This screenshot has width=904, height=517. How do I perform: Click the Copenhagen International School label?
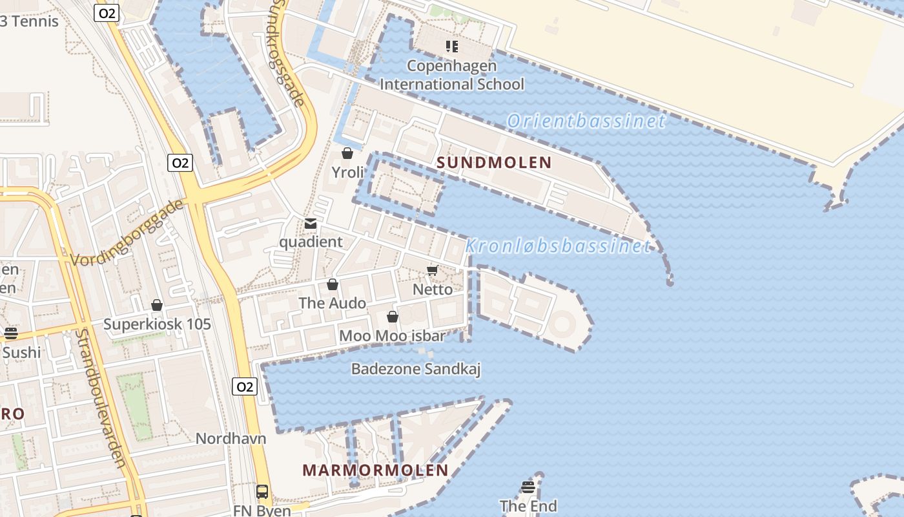pyautogui.click(x=452, y=75)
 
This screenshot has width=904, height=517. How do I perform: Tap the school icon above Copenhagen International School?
pyautogui.click(x=452, y=47)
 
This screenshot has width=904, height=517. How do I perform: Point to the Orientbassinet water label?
pyautogui.click(x=586, y=121)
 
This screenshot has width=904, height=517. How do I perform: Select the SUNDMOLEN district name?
pyautogui.click(x=494, y=163)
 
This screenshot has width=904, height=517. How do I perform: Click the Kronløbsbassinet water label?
pyautogui.click(x=558, y=246)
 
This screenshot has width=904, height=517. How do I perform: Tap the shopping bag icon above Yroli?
pyautogui.click(x=347, y=153)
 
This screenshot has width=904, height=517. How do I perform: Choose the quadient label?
pyautogui.click(x=311, y=242)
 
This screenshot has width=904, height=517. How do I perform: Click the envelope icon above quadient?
pyautogui.click(x=311, y=224)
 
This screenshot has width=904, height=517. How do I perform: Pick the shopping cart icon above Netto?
pyautogui.click(x=433, y=271)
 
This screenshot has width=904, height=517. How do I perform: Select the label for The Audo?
pyautogui.click(x=332, y=303)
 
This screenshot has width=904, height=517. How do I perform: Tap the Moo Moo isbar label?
pyautogui.click(x=392, y=336)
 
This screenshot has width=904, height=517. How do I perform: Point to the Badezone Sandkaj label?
pyautogui.click(x=416, y=369)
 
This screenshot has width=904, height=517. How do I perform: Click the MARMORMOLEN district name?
pyautogui.click(x=375, y=470)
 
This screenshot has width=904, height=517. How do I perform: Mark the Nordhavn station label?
pyautogui.click(x=231, y=438)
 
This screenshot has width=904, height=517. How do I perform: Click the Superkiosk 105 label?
pyautogui.click(x=157, y=324)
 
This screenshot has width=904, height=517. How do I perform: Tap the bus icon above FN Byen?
pyautogui.click(x=262, y=492)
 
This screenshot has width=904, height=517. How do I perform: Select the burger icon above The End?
pyautogui.click(x=528, y=487)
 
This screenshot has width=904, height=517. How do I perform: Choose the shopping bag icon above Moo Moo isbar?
pyautogui.click(x=392, y=317)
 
